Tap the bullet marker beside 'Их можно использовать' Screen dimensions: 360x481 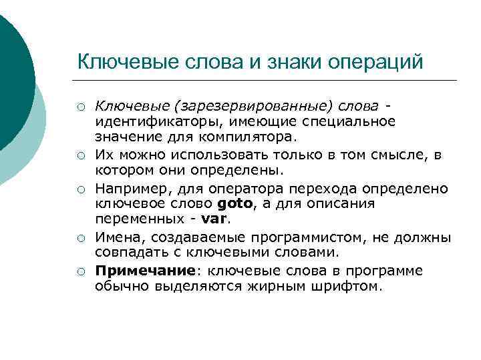point(81,156)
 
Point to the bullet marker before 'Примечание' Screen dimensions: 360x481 point(81,271)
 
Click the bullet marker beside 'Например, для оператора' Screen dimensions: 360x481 point(81,189)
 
